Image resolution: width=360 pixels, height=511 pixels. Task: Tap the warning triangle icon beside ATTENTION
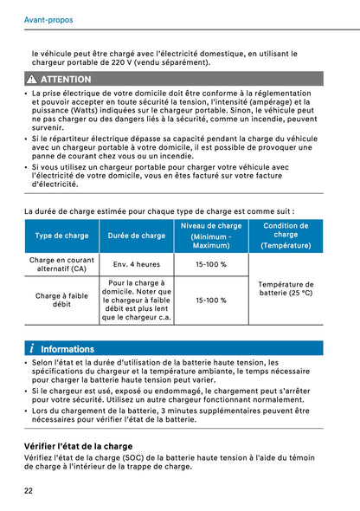tap(32, 79)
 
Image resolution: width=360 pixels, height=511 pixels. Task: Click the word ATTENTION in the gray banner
tap(65, 79)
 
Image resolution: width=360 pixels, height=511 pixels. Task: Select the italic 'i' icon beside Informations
tap(31, 348)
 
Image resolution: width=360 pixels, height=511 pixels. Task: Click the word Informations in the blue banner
tap(67, 349)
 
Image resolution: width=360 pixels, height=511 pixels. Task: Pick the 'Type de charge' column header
tap(61, 236)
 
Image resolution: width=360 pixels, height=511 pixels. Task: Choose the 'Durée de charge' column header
tap(137, 236)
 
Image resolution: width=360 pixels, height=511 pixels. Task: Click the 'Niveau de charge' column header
tap(211, 236)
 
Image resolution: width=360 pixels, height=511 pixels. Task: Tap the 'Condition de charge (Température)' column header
tap(286, 236)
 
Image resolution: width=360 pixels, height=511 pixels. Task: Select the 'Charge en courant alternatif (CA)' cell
tap(61, 264)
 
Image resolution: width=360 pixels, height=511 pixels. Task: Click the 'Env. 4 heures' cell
tap(137, 264)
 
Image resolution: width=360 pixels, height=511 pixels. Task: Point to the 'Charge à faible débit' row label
tap(61, 300)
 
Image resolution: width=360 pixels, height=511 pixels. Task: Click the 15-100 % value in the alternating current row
tap(211, 264)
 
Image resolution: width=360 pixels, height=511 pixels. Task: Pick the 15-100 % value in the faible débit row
tap(211, 301)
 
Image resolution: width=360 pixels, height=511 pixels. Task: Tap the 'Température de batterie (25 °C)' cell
tap(286, 289)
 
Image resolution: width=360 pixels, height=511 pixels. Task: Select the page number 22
tap(29, 490)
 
